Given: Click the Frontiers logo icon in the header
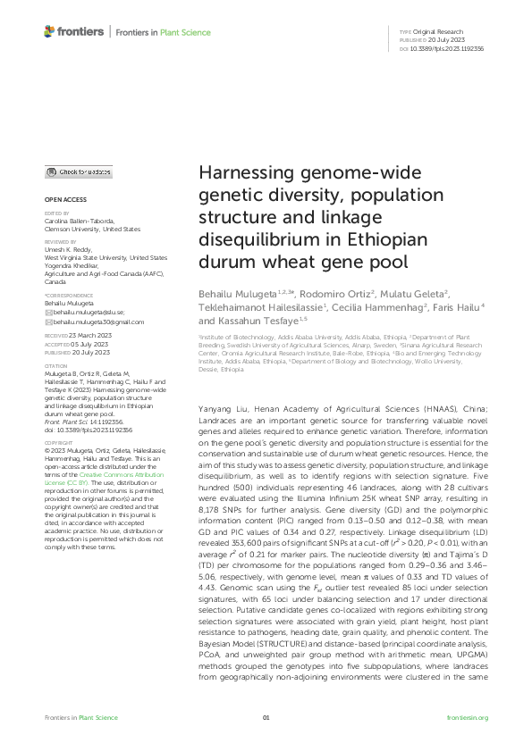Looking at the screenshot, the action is [x=50, y=32].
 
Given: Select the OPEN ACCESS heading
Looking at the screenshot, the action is [x=63, y=198].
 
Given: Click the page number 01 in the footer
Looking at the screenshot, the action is [x=266, y=718].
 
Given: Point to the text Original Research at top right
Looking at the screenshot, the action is [x=437, y=32].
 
